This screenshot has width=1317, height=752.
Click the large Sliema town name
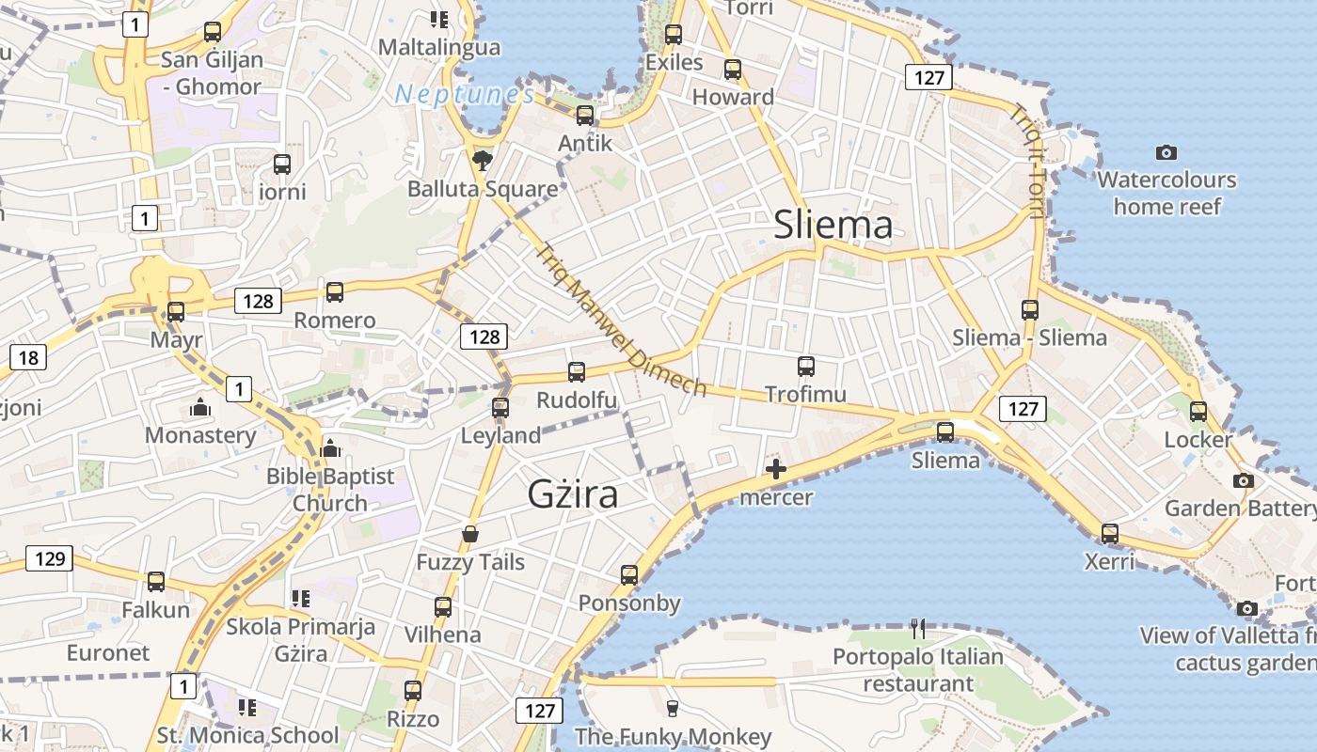point(833,225)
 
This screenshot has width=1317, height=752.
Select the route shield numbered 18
point(28,357)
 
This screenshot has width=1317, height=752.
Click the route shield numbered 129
point(48,559)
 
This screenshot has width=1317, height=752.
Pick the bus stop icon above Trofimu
point(805,367)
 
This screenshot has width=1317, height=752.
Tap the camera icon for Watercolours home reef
point(1166,152)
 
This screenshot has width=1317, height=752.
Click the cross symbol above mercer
point(776,469)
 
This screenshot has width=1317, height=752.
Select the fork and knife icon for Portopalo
point(918,628)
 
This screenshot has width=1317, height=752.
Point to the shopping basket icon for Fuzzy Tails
point(470,535)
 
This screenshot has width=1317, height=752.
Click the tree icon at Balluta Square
point(482,159)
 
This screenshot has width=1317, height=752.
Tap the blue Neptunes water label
point(465,94)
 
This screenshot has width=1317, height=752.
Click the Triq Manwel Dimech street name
point(621,320)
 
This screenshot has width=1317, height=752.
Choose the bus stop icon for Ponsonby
point(629,574)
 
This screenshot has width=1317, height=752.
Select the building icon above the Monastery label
point(199,408)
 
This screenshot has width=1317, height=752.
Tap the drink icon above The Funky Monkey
point(672,708)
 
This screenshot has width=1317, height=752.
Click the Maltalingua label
point(438,46)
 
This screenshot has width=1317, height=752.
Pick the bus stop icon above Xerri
point(1110,534)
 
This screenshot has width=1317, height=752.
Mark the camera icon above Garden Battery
point(1243,480)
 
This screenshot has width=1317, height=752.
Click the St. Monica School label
point(247,735)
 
